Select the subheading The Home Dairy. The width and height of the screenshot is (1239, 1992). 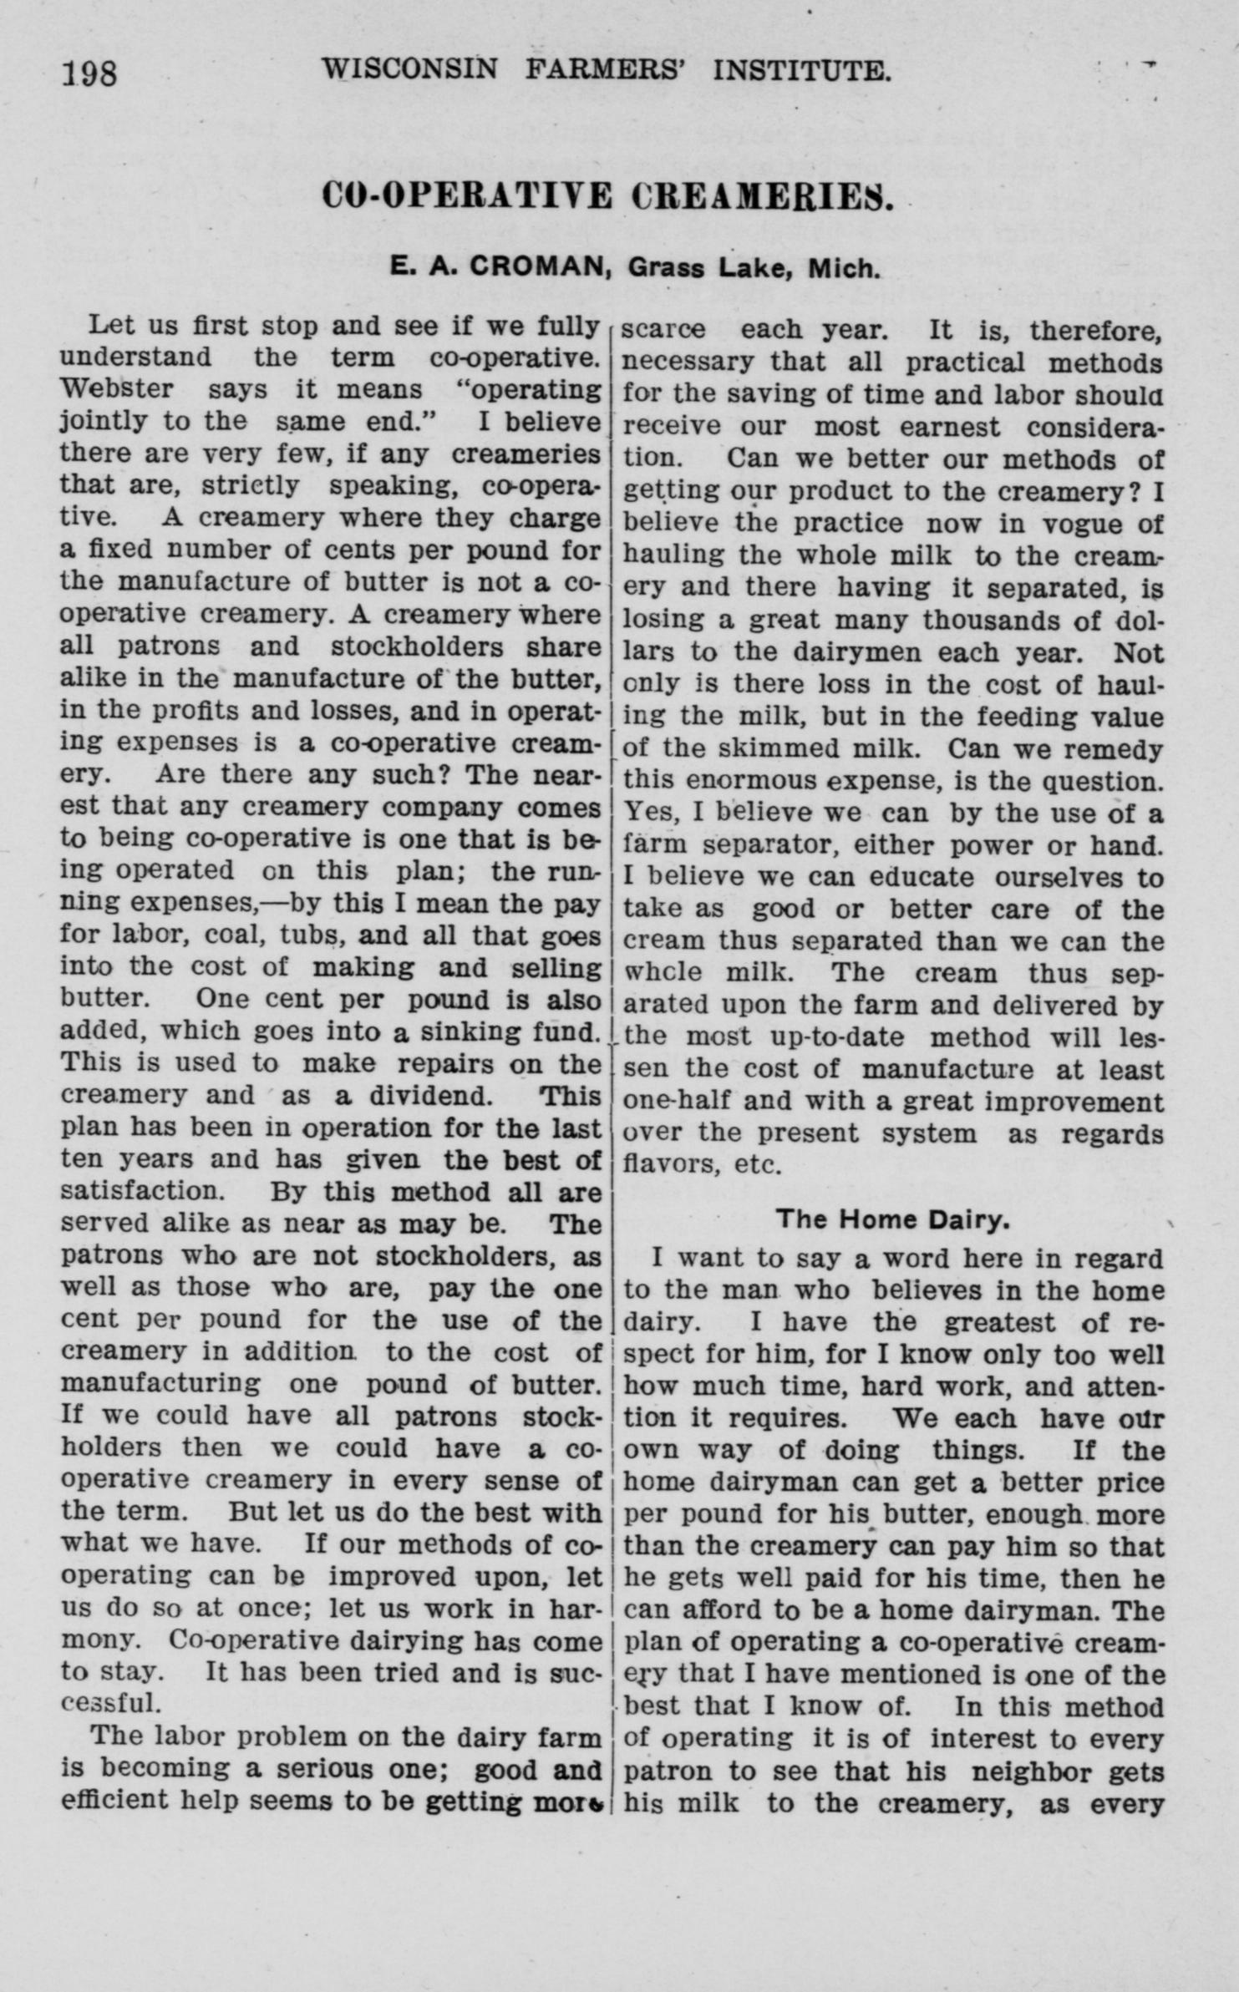tap(892, 1219)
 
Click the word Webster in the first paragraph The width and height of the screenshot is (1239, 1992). tap(117, 389)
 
